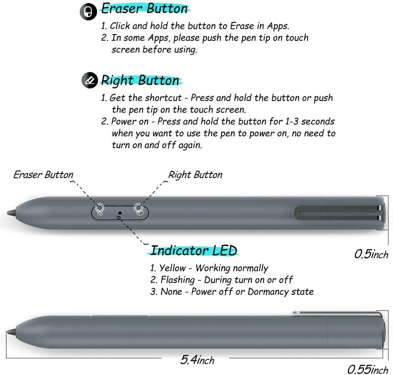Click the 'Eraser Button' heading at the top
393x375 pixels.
(x=145, y=9)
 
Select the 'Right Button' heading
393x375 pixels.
(x=140, y=80)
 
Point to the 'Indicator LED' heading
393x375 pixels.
(x=194, y=250)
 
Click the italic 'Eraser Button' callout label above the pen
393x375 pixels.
(x=43, y=175)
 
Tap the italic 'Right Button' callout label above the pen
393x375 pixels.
(x=195, y=175)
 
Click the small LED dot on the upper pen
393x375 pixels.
(x=120, y=212)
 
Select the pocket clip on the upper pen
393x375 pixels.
(x=338, y=213)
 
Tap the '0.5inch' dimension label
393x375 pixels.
(x=371, y=254)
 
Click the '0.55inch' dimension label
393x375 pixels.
(x=367, y=369)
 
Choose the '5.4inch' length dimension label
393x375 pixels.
(x=197, y=360)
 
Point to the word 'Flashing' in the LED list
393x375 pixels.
(x=178, y=280)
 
